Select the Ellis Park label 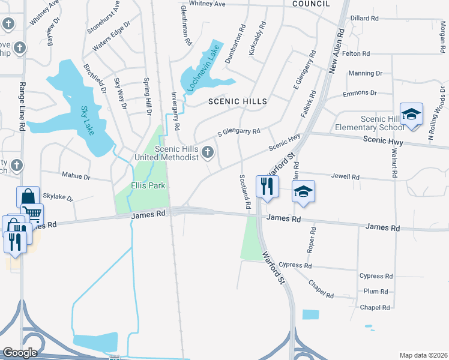pos(148,185)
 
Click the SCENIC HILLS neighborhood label pos(237,102)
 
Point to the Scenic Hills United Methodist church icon pos(208,152)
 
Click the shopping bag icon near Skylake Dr pos(28,196)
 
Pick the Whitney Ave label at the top pos(207,4)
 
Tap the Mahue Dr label pos(76,176)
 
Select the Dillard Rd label pos(364,19)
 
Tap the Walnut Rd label pos(394,163)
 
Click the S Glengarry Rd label pos(238,131)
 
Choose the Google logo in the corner pos(20,353)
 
